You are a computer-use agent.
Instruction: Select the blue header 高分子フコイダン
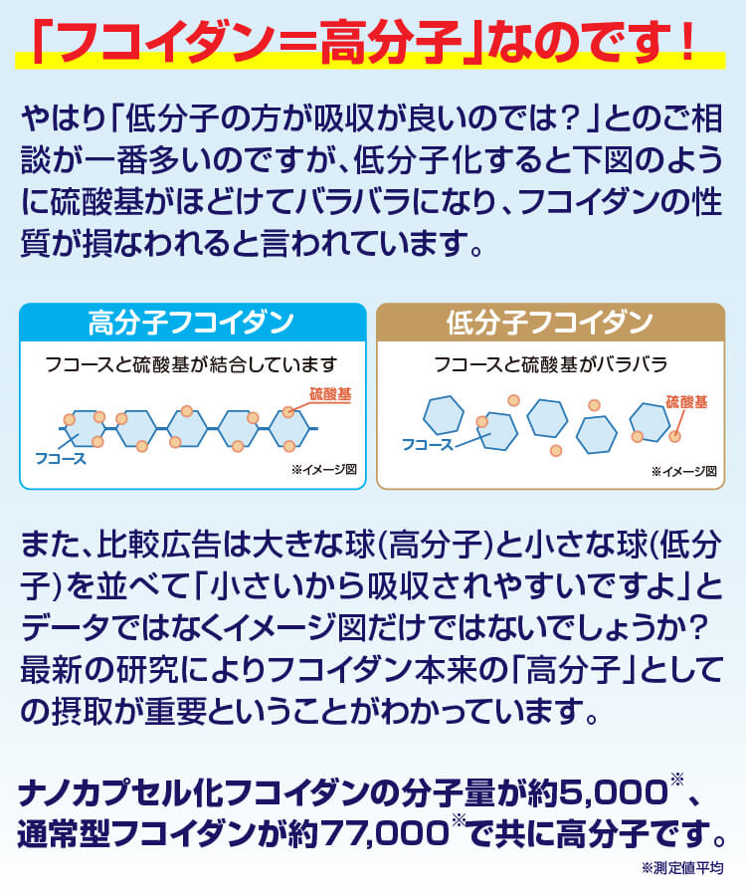(192, 323)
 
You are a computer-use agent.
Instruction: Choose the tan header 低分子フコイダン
(549, 323)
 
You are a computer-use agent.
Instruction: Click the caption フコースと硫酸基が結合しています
(192, 364)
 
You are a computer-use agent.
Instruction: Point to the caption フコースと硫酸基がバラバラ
(550, 364)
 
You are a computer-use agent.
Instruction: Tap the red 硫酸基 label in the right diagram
(686, 402)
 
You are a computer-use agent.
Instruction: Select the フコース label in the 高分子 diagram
(61, 459)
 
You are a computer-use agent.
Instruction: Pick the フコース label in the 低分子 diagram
(428, 443)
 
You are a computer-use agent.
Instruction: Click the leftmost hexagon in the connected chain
(84, 428)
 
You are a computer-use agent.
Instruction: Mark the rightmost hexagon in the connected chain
(289, 428)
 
